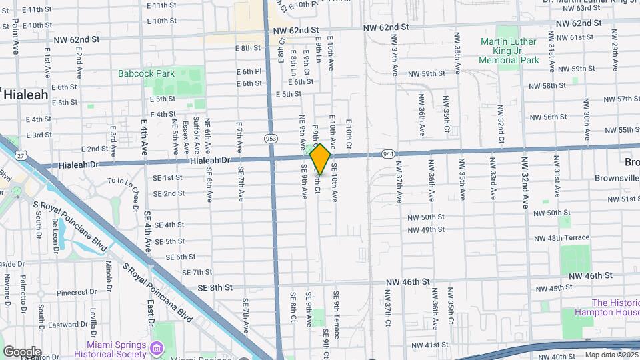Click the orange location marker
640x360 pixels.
tap(320, 159)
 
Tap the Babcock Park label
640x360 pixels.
tap(146, 73)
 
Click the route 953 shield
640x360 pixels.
tap(271, 139)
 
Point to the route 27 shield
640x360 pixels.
tap(21, 155)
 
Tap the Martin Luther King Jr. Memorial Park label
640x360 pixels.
tap(509, 51)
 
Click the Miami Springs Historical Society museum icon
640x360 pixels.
tap(157, 348)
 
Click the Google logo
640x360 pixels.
tap(22, 351)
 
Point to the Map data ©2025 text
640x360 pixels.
tap(611, 355)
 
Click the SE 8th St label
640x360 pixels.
tap(215, 287)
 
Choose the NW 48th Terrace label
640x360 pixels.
tap(562, 237)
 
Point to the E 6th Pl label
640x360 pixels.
tap(248, 71)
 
